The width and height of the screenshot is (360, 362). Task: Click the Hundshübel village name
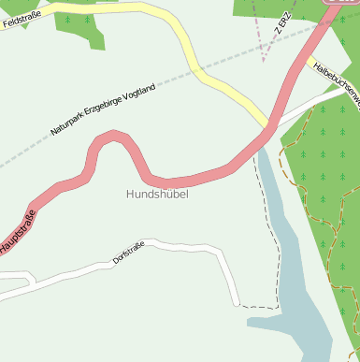(157, 195)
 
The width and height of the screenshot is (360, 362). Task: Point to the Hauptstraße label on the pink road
(19, 232)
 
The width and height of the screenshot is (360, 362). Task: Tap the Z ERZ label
(284, 24)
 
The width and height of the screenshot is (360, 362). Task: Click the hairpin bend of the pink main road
(111, 138)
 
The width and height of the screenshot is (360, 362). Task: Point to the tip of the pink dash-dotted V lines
(266, 58)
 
